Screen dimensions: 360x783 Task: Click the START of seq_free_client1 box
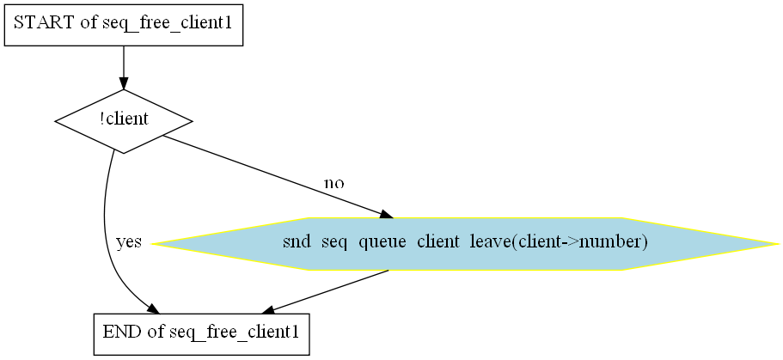[124, 23]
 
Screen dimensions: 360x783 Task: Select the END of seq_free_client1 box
[200, 333]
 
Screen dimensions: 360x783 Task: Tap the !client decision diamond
[124, 120]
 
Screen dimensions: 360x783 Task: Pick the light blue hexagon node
[465, 244]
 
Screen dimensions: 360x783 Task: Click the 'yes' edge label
[128, 242]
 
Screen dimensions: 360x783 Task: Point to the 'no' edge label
[333, 183]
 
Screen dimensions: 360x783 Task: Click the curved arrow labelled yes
[106, 232]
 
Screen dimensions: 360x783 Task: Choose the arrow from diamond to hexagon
[275, 176]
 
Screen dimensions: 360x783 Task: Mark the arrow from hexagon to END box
[327, 290]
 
